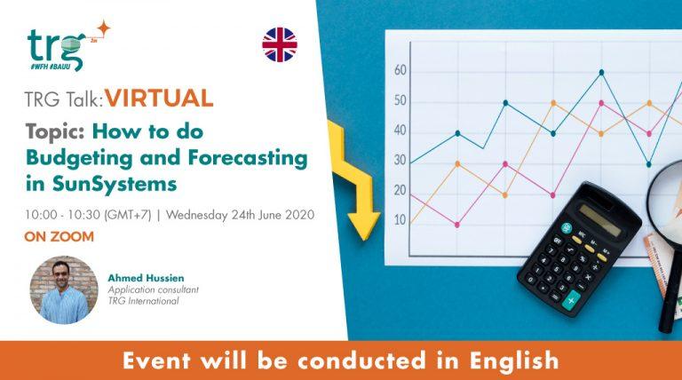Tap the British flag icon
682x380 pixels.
pos(280,44)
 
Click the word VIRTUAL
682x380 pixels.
pos(159,97)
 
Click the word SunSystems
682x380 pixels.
pos(127,184)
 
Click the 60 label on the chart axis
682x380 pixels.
pos(400,70)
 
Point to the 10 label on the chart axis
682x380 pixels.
pos(400,219)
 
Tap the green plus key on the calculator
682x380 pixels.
pos(569,302)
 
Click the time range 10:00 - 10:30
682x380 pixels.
pos(63,215)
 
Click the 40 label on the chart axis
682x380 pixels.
pos(400,130)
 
